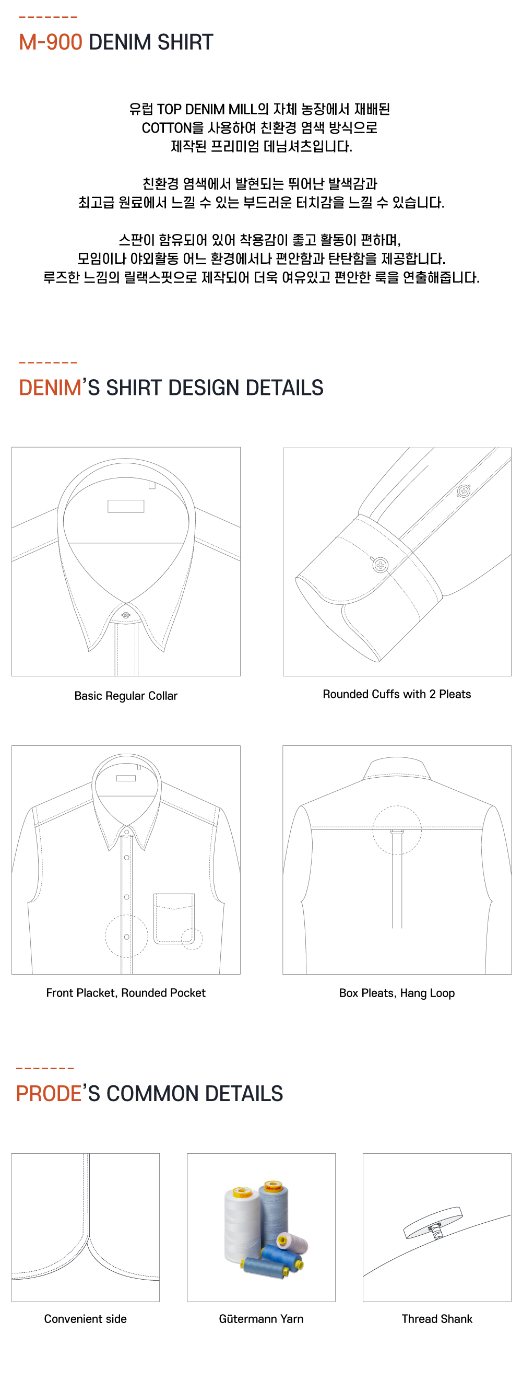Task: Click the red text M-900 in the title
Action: [50, 42]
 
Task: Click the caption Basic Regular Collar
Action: [125, 695]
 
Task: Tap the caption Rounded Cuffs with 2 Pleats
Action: [397, 694]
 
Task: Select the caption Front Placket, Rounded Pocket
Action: [125, 993]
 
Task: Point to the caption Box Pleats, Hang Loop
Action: [397, 993]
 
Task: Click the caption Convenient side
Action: [86, 1319]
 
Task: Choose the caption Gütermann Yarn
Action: [261, 1319]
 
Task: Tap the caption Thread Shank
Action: [436, 1319]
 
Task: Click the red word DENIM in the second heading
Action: [50, 388]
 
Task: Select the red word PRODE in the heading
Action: [48, 1093]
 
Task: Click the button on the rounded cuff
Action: [381, 565]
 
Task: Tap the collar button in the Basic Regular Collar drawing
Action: [126, 615]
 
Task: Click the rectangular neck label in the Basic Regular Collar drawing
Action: [125, 506]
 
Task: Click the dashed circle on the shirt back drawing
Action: [397, 830]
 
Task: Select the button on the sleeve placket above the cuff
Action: [464, 491]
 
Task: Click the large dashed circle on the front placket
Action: [126, 936]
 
